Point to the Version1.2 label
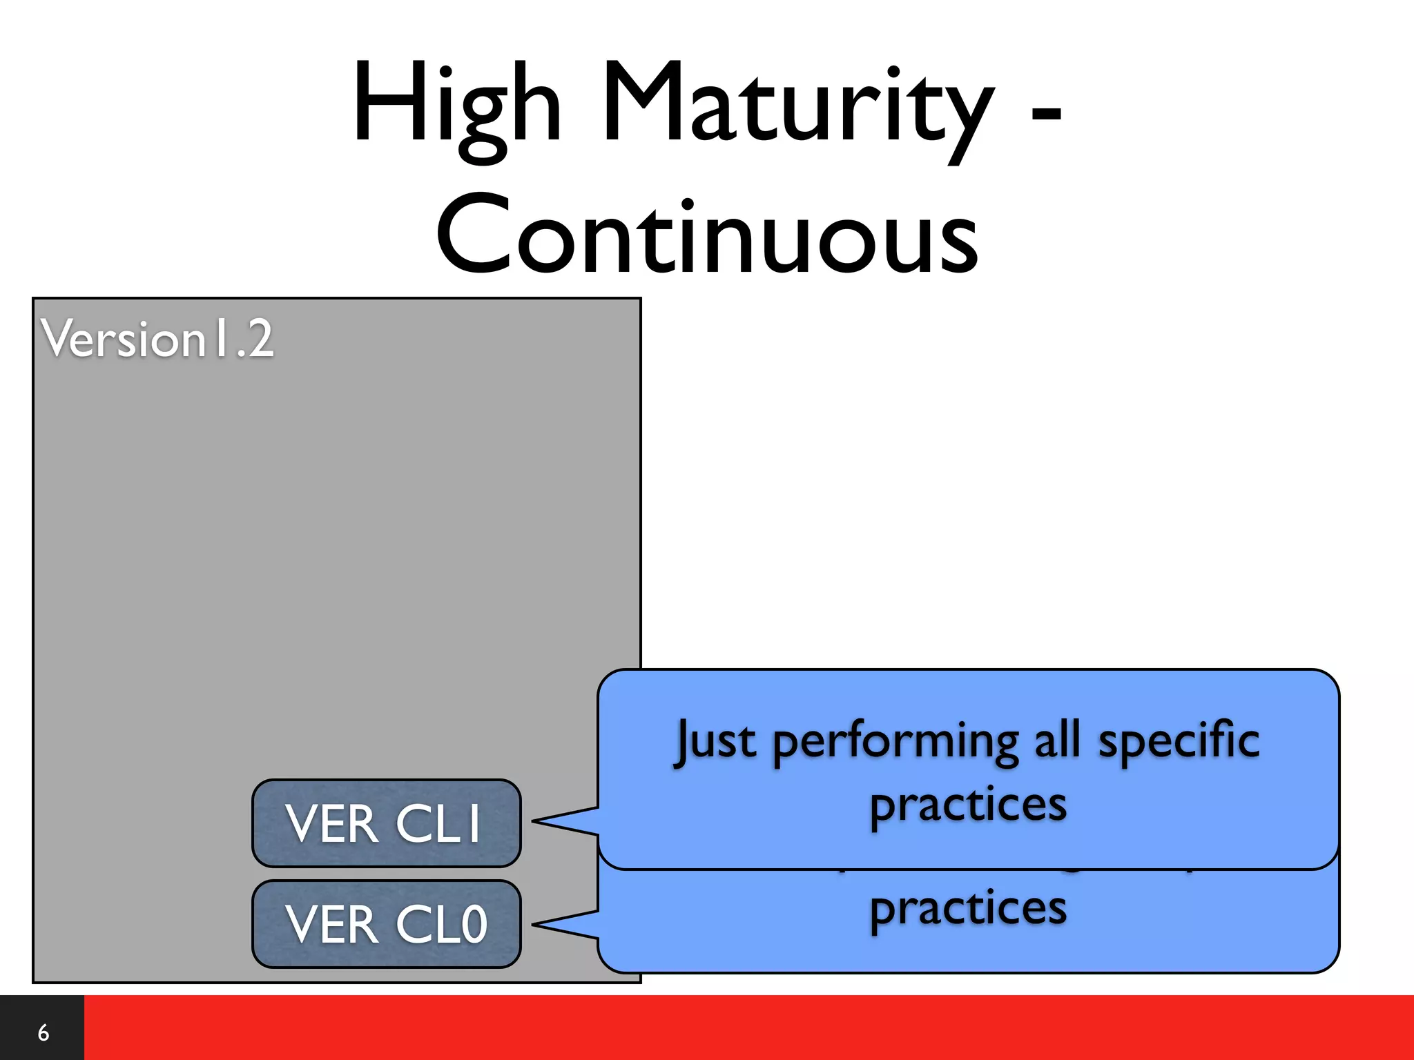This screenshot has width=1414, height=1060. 157,339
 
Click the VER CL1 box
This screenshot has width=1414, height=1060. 386,823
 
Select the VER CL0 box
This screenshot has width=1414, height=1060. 386,924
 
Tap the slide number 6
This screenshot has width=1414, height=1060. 43,1032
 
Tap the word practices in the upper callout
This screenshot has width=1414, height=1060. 968,806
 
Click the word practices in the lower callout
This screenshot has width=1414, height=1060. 968,909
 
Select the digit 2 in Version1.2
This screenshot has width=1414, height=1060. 260,340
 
